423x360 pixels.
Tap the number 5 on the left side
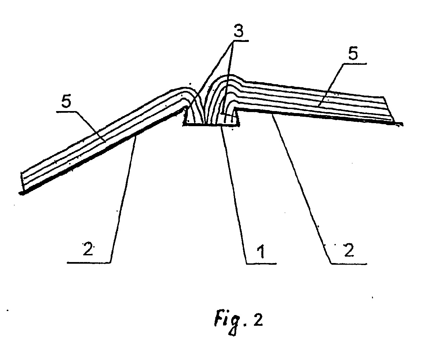[x=66, y=102]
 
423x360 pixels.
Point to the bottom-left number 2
[x=88, y=249]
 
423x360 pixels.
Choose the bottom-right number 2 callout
[x=349, y=250]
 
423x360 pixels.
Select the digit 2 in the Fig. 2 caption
[x=257, y=320]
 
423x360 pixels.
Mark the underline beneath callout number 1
[x=261, y=264]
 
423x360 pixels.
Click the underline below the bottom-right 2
[x=349, y=264]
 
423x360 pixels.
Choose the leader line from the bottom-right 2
[x=301, y=189]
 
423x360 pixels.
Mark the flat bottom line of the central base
[x=211, y=125]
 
